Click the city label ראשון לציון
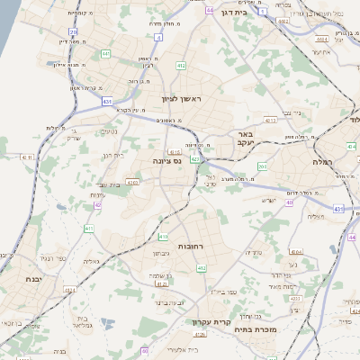pyautogui.click(x=184, y=98)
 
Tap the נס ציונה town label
pyautogui.click(x=166, y=162)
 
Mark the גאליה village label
pyautogui.click(x=91, y=261)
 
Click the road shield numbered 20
pyautogui.click(x=73, y=32)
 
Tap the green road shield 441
pyautogui.click(x=105, y=54)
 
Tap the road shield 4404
pyautogui.click(x=321, y=40)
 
